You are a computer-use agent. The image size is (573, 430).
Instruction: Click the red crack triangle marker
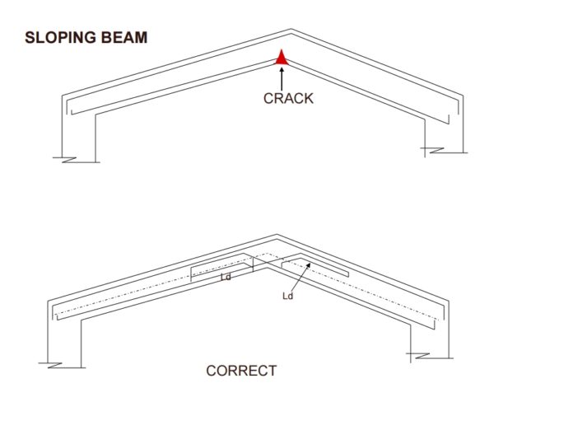pos(282,58)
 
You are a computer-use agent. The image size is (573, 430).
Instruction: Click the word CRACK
pos(288,98)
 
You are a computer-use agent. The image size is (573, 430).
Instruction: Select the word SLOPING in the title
pos(56,38)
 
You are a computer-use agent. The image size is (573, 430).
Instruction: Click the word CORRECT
pos(241,371)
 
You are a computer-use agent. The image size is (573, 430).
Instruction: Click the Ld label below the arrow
pos(287,295)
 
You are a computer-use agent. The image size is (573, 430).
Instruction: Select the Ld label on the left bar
pos(225,278)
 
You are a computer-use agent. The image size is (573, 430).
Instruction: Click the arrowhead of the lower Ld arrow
pos(308,265)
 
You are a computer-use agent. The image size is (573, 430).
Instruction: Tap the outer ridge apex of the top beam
pos(288,31)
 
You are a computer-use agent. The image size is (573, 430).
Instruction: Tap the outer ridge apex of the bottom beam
pos(277,235)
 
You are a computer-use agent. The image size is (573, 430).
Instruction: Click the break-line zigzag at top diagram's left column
pos(64,156)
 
